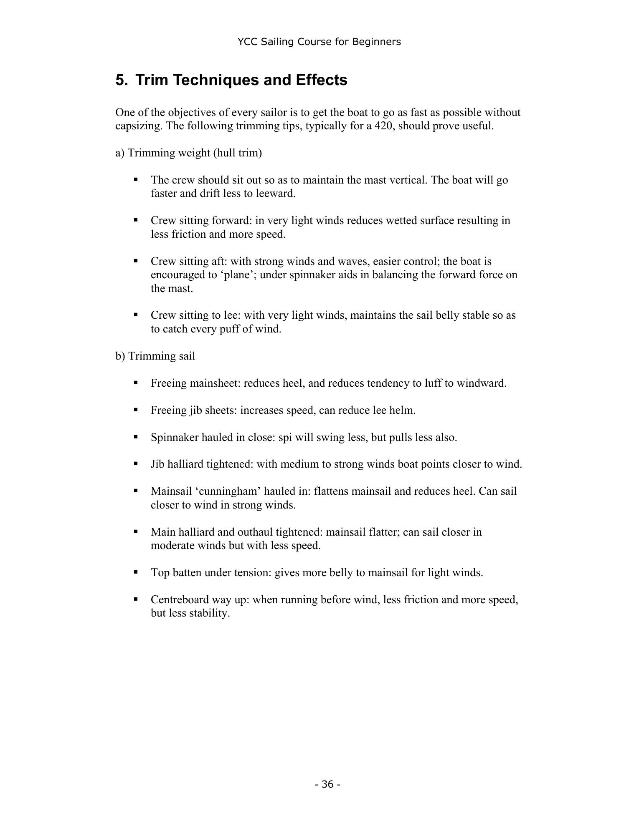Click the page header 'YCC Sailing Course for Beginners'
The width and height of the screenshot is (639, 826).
click(x=319, y=42)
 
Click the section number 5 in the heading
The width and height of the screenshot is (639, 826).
click(x=120, y=80)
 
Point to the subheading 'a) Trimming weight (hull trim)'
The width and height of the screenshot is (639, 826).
click(x=188, y=153)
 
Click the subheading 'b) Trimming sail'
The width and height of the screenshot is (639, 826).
click(x=155, y=356)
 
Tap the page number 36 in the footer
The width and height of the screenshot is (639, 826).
click(x=328, y=784)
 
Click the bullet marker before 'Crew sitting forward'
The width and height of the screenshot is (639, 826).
click(x=136, y=220)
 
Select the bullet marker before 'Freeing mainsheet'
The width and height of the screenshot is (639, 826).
click(x=136, y=383)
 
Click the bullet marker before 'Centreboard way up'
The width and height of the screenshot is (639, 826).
click(x=136, y=599)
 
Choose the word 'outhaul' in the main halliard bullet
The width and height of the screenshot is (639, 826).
click(x=255, y=532)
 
